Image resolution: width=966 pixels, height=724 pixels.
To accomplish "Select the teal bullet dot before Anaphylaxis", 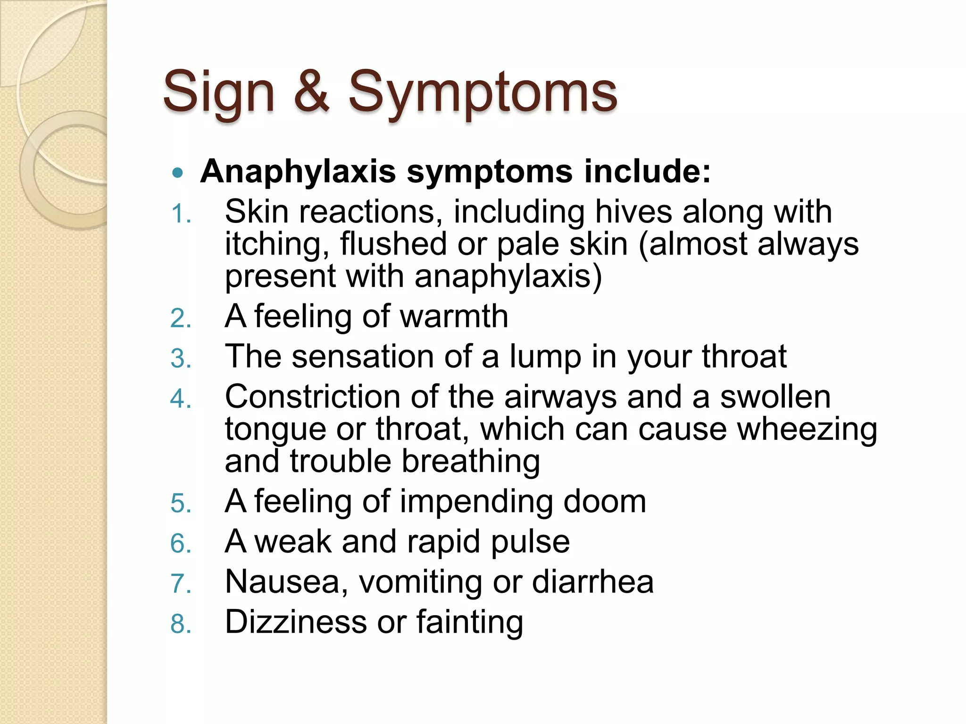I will pos(177,173).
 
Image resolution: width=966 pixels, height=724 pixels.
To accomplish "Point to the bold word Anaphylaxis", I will pos(298,171).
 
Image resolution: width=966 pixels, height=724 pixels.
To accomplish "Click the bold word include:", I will pos(647,171).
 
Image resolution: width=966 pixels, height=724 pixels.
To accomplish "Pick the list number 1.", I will pos(180,214).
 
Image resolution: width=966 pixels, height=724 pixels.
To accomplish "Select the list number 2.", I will pos(180,319).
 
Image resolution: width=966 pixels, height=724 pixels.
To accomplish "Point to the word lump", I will pos(545,356).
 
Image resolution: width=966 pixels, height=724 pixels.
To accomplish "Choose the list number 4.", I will pos(180,399).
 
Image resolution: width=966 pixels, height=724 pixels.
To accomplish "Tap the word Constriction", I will pos(312,396).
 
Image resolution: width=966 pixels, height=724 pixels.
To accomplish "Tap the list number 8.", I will pos(180,625).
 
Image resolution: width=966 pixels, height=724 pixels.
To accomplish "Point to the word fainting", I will pos(469,622).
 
